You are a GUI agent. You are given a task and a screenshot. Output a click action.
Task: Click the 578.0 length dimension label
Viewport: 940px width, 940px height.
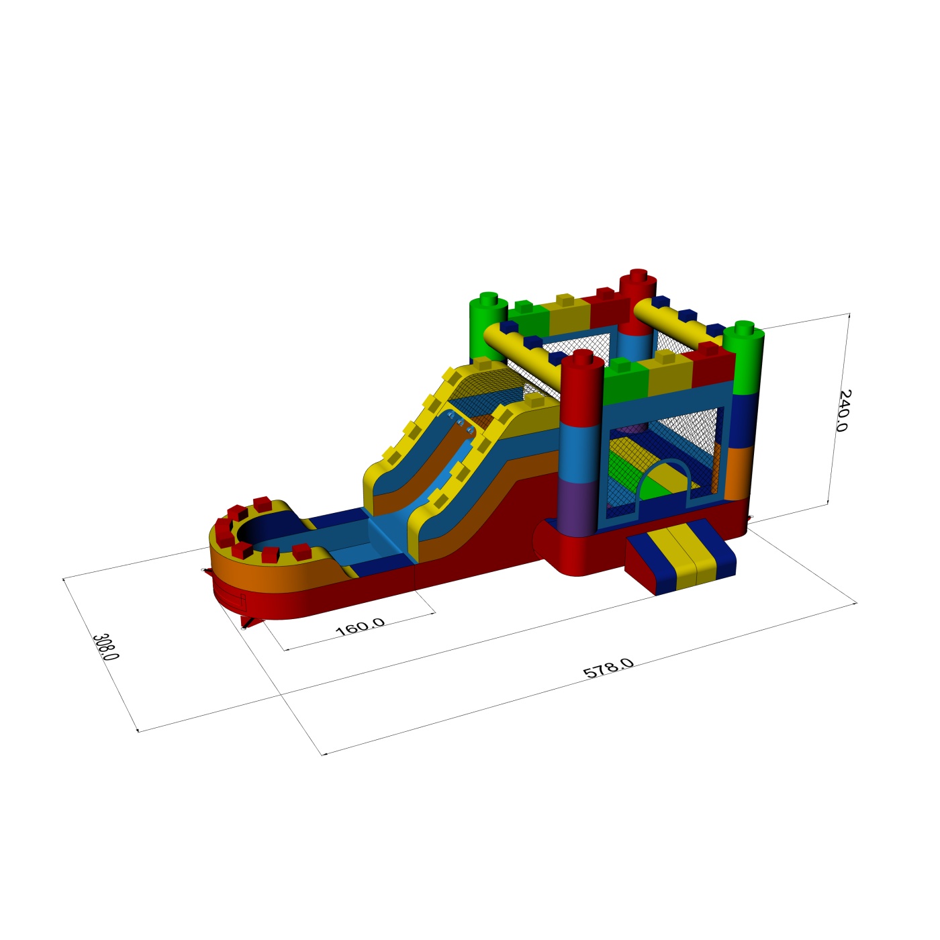(x=608, y=668)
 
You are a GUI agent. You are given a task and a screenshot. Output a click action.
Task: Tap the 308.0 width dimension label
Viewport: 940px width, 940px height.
(x=105, y=647)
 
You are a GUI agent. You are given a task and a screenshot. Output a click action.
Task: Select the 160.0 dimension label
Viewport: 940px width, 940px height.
(x=360, y=627)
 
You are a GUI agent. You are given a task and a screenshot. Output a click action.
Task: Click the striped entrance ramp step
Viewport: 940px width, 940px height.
(x=680, y=557)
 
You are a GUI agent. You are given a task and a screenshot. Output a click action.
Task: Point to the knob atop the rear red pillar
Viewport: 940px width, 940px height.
(x=638, y=275)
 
